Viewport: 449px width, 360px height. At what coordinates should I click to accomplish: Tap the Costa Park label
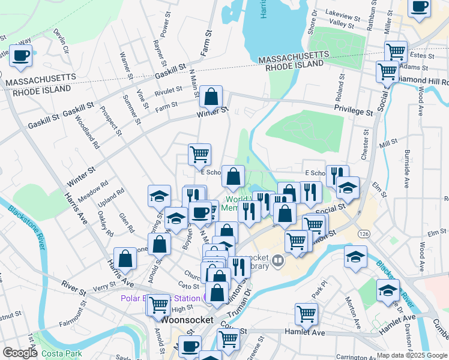pos(62,353)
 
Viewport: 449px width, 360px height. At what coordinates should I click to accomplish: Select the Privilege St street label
pos(354,112)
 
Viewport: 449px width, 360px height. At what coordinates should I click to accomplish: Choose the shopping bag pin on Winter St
pos(211,97)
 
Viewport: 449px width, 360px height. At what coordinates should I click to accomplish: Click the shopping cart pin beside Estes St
pos(396,52)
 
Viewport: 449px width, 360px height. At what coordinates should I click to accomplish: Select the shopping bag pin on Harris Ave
pos(125,259)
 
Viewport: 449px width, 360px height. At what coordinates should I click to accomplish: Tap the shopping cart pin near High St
pos(158,305)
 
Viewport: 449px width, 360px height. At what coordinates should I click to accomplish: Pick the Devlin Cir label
pos(62,41)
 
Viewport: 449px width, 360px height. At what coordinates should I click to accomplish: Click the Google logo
pos(19,353)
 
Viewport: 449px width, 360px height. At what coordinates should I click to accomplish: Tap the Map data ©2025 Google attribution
pos(412,355)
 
